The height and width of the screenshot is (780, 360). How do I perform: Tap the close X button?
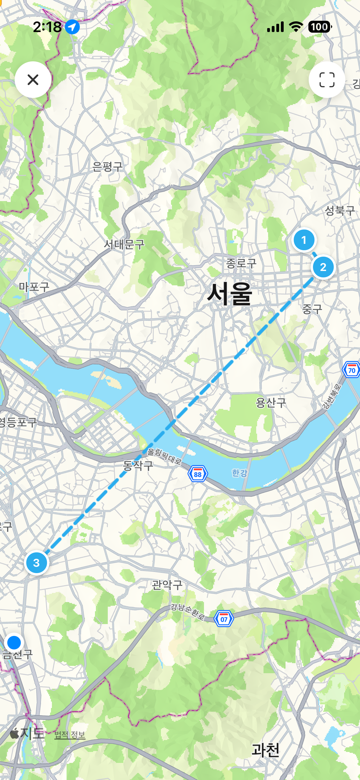[x=33, y=80]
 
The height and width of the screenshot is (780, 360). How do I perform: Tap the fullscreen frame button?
[x=327, y=80]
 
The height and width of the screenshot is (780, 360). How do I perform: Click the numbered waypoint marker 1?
[x=304, y=240]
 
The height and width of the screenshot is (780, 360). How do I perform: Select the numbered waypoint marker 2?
[x=323, y=267]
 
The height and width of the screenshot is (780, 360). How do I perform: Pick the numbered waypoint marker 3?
[x=36, y=563]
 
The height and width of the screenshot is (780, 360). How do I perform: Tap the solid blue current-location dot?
[x=14, y=642]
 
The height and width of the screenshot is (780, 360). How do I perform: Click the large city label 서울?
[x=230, y=294]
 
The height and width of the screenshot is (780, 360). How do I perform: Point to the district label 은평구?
[x=107, y=167]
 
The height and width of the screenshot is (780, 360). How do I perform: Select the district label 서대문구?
[x=124, y=244]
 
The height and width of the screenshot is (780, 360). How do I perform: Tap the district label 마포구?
[x=34, y=287]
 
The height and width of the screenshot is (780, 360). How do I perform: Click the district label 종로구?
[x=241, y=263]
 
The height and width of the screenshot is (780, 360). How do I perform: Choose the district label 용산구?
[x=271, y=403]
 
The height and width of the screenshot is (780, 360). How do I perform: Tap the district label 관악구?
[x=167, y=585]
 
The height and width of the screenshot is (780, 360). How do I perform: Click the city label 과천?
[x=265, y=750]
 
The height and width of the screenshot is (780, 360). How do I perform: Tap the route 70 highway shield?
[x=352, y=370]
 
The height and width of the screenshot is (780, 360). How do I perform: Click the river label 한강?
[x=240, y=473]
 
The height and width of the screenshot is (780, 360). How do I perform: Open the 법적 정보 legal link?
[x=70, y=735]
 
